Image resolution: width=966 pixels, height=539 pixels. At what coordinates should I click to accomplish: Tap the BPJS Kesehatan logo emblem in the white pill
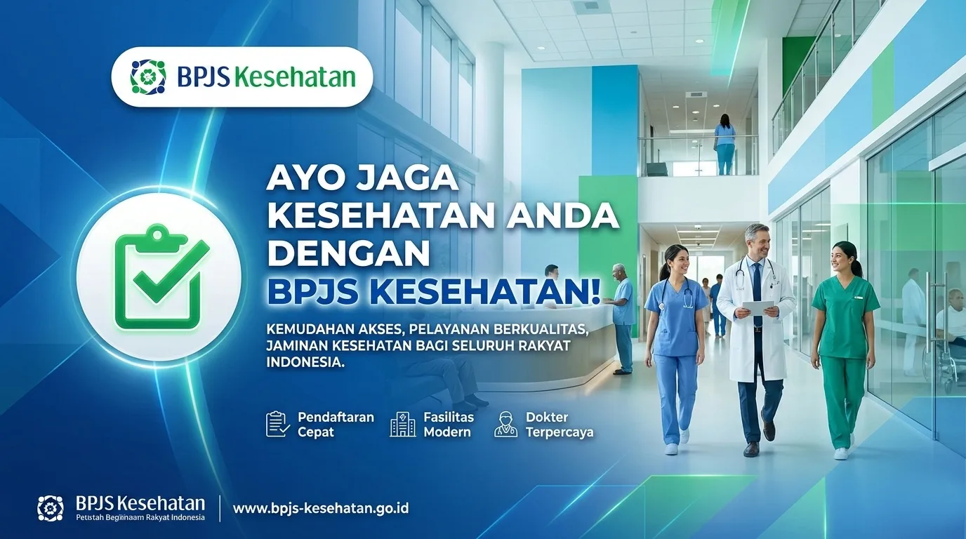148,76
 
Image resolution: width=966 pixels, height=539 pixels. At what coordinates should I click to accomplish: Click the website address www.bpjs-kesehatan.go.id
320,507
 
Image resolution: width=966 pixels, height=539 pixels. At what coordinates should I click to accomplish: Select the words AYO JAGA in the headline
362,180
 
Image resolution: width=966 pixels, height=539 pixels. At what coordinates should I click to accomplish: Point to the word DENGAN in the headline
348,253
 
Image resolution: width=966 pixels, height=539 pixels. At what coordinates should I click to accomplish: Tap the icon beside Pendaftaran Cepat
278,424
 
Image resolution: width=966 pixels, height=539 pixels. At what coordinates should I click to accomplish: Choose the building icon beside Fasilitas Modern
402,424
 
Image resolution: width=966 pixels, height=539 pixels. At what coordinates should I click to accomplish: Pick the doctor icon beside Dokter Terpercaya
505,424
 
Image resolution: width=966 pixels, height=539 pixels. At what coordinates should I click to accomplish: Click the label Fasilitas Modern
449,424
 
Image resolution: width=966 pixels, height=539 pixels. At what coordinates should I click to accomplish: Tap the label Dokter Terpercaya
559,424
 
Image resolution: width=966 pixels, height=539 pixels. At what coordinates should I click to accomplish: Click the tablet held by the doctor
757,307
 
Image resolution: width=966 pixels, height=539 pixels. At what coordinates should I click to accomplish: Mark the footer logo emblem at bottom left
51,507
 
